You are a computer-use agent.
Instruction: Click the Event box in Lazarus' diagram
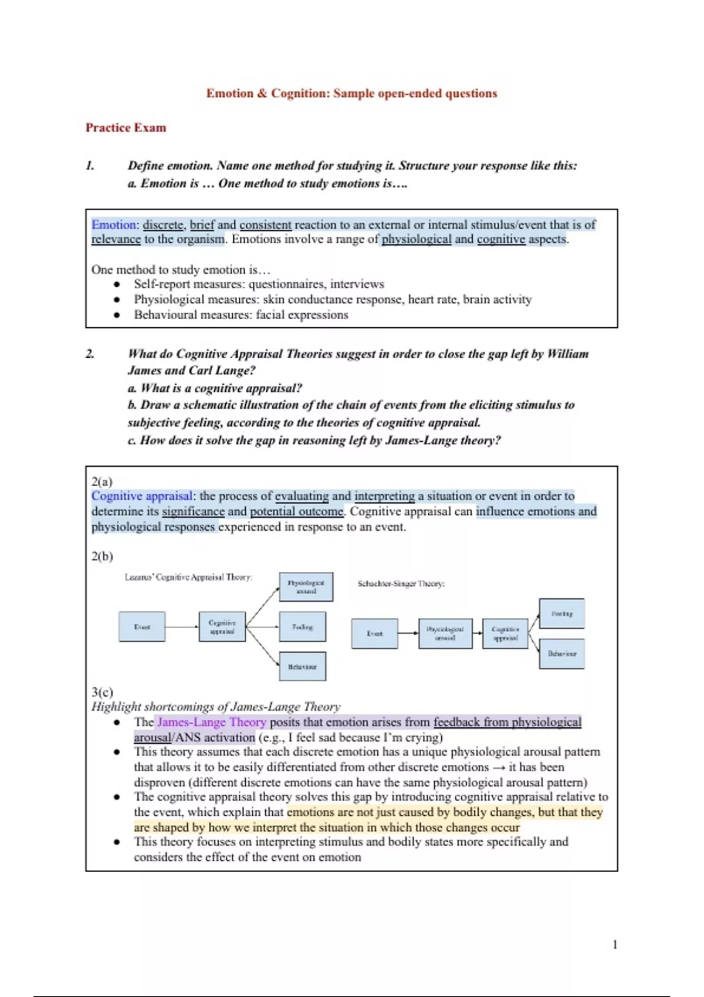point(142,627)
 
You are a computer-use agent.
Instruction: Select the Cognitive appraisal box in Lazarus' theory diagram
point(222,627)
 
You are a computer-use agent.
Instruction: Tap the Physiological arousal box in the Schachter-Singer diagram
point(445,633)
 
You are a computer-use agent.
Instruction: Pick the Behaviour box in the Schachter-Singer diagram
point(561,653)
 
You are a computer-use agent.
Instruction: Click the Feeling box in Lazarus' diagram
point(303,627)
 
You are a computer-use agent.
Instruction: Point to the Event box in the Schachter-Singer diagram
point(374,633)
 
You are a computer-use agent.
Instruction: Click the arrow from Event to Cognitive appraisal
point(182,627)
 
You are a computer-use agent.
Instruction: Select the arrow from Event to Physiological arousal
point(408,633)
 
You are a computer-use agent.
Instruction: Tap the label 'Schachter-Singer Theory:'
point(401,584)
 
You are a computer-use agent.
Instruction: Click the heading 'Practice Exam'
point(126,128)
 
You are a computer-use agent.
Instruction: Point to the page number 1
point(615,944)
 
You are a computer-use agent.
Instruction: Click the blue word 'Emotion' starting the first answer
point(113,225)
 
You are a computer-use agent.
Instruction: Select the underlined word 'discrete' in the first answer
point(163,225)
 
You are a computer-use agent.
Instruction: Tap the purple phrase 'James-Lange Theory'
point(212,722)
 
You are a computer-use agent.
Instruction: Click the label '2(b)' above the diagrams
point(102,556)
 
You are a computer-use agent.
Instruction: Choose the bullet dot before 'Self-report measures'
point(117,284)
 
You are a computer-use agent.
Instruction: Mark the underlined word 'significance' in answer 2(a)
point(193,511)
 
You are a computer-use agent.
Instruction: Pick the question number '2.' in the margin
point(90,354)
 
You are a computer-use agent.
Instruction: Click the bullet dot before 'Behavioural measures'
point(117,315)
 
